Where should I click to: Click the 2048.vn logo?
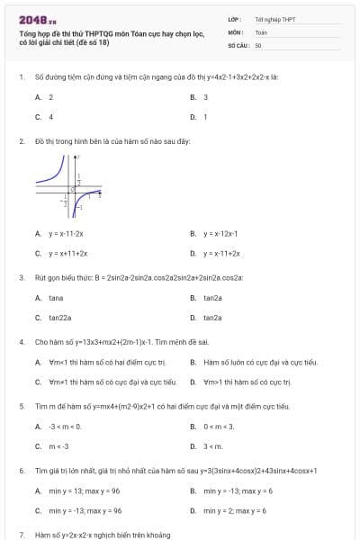(38, 19)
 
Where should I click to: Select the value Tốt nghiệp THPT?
(274, 18)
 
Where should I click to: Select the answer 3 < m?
(213, 445)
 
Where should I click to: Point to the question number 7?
(21, 535)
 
